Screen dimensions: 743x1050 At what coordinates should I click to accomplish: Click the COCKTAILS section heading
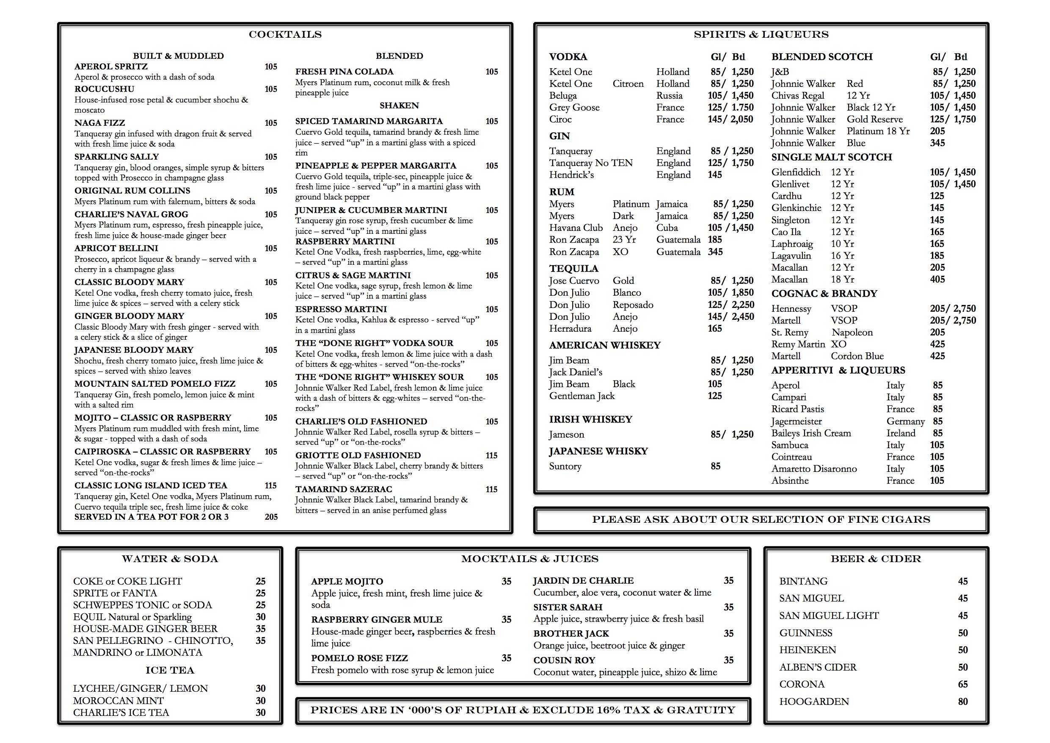click(x=285, y=35)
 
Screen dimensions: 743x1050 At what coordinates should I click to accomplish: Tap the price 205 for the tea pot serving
click(x=271, y=517)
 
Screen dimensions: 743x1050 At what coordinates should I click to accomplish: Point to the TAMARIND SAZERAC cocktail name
click(x=344, y=489)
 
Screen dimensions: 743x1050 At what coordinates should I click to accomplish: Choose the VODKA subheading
click(x=568, y=57)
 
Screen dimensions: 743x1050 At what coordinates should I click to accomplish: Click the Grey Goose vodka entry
click(x=574, y=108)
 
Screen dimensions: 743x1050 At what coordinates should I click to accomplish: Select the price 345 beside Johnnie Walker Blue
click(x=937, y=143)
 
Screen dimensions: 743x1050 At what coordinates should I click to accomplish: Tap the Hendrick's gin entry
click(x=571, y=175)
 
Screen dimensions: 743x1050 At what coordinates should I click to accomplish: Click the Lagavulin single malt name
click(x=791, y=256)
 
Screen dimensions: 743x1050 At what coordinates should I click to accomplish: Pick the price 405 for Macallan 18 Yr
click(x=937, y=280)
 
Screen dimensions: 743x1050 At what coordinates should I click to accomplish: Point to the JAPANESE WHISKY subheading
click(x=598, y=452)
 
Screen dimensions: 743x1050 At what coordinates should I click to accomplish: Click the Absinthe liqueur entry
click(x=790, y=481)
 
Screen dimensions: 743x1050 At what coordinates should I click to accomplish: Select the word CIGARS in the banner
click(x=906, y=520)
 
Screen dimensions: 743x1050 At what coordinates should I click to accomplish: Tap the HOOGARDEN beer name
click(x=813, y=702)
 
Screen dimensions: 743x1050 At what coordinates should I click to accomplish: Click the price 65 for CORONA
click(x=963, y=685)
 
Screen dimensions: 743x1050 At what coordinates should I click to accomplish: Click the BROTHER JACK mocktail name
click(x=571, y=634)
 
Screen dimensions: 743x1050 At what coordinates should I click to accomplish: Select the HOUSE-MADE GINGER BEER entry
click(x=145, y=629)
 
